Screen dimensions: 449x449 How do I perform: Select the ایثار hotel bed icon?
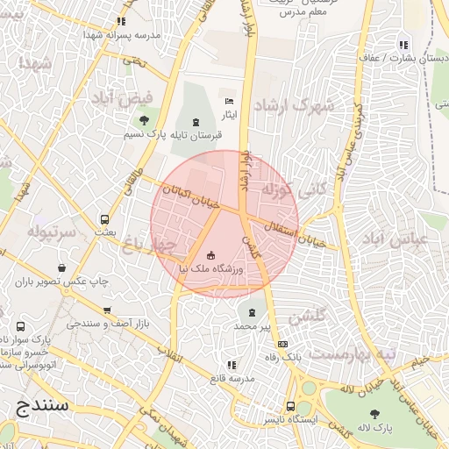pyautogui.click(x=230, y=101)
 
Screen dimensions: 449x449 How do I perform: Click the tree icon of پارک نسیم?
pyautogui.click(x=144, y=120)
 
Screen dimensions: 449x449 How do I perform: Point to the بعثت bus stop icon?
pyautogui.click(x=105, y=220)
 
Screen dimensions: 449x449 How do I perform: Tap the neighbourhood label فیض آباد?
pyautogui.click(x=123, y=97)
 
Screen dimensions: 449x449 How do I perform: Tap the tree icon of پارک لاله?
pyautogui.click(x=375, y=414)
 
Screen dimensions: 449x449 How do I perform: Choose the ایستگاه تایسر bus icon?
pyautogui.click(x=290, y=407)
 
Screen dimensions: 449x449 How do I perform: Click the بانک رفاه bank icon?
pyautogui.click(x=282, y=345)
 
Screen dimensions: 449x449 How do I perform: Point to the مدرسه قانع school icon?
pyautogui.click(x=231, y=365)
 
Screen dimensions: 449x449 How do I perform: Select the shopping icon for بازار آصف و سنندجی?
pyautogui.click(x=107, y=310)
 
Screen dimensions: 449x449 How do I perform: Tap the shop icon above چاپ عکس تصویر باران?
pyautogui.click(x=61, y=268)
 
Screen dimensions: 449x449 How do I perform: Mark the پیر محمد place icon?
pyautogui.click(x=253, y=312)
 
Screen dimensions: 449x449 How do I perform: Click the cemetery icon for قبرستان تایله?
pyautogui.click(x=195, y=122)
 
